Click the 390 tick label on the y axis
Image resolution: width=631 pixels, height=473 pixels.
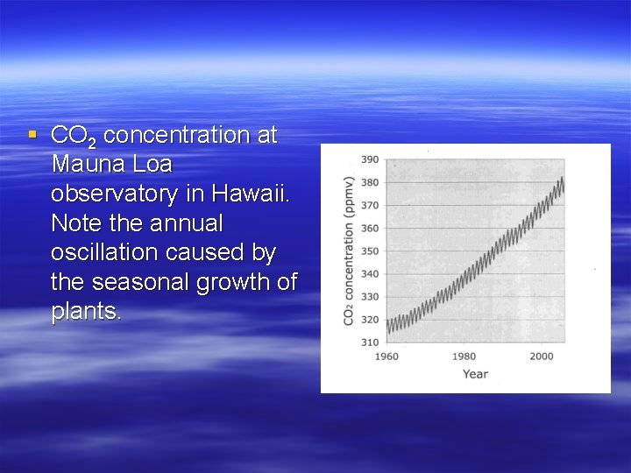click(x=369, y=159)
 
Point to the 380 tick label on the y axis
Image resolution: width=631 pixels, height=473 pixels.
click(x=369, y=182)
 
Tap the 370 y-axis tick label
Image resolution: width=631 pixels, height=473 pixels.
click(x=369, y=205)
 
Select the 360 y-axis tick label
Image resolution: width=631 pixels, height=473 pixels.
click(x=369, y=228)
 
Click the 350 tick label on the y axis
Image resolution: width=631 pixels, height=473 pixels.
click(x=369, y=251)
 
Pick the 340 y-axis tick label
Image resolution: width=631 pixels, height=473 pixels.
click(x=369, y=273)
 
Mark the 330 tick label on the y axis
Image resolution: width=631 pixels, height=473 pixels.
click(x=369, y=296)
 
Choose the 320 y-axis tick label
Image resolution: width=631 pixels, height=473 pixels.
click(x=369, y=319)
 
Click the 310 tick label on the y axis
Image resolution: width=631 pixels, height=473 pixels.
click(x=369, y=342)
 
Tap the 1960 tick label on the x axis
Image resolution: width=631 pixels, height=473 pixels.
click(x=386, y=357)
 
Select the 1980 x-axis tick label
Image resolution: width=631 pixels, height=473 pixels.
click(x=464, y=357)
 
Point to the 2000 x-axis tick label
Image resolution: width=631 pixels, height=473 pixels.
click(x=542, y=357)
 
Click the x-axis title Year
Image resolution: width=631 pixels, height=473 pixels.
click(x=475, y=374)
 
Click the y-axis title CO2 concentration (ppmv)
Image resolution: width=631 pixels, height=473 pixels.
click(x=348, y=251)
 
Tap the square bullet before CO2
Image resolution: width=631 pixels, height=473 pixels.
click(x=32, y=135)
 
